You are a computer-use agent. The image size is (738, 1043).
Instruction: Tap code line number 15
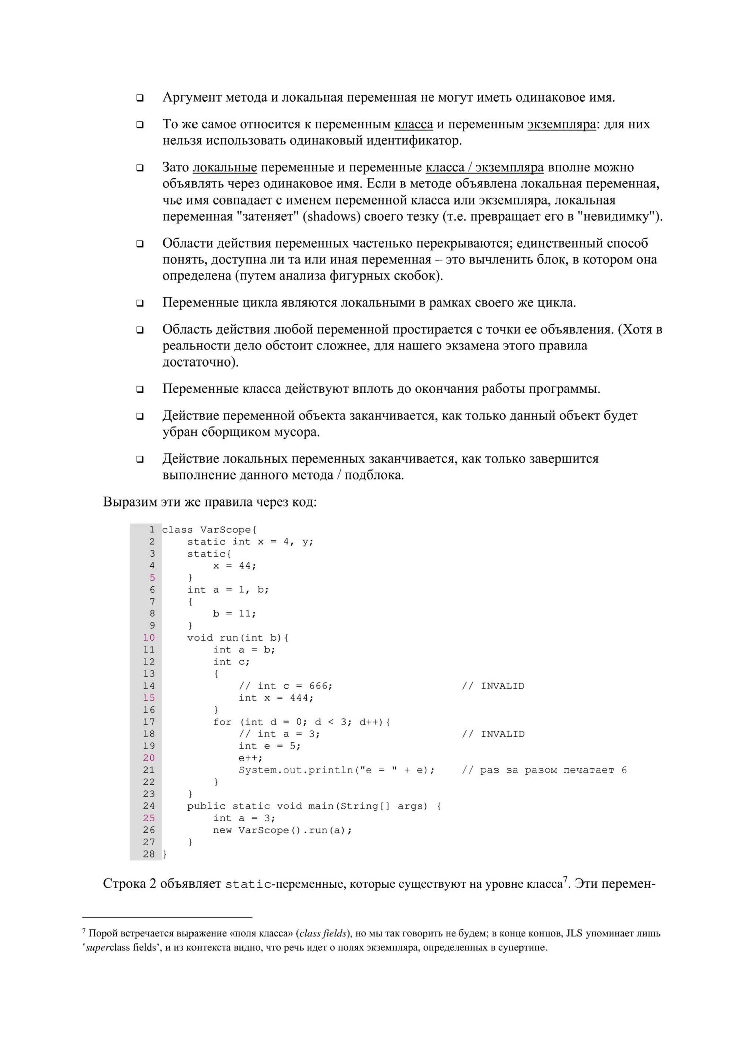[x=149, y=698]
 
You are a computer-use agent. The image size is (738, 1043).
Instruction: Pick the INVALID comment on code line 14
[x=502, y=686]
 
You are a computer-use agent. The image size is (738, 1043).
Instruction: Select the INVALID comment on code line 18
[x=502, y=734]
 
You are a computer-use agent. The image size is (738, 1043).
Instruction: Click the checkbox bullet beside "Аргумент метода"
[x=140, y=98]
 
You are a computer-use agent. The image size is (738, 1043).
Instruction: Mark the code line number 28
[x=149, y=854]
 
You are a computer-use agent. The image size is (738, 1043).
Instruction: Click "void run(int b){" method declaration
[x=238, y=638]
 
